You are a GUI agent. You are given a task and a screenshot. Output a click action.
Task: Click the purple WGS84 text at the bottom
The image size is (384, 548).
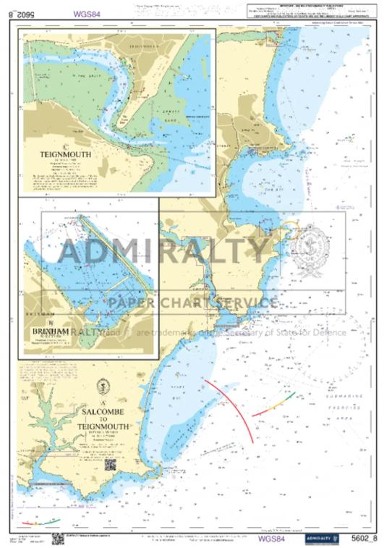pos(271,537)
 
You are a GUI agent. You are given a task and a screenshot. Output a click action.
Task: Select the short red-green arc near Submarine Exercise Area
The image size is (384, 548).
pos(273,404)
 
